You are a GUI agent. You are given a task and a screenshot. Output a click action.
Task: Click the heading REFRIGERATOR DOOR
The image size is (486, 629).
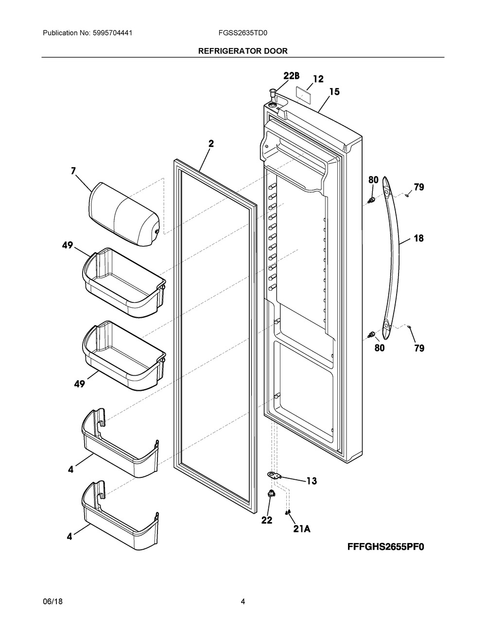[x=243, y=51]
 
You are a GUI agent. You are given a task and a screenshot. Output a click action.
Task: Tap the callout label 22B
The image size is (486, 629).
[x=292, y=76]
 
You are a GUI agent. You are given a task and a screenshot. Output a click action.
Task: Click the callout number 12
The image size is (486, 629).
[x=318, y=79]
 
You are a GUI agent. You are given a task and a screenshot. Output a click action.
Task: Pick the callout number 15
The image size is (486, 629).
[x=334, y=91]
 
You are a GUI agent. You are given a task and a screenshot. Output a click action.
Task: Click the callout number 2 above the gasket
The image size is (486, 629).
[x=211, y=143]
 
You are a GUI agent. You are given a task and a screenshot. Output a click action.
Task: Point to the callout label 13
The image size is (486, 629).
[x=311, y=481]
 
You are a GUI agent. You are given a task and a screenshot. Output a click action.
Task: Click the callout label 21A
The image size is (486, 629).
[x=301, y=529]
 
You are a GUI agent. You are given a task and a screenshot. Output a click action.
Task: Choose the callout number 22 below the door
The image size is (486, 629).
[x=267, y=520]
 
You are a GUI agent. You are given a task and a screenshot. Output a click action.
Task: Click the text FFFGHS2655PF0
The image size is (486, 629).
[x=386, y=547]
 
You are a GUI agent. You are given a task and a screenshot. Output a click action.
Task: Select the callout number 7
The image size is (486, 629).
[x=73, y=171]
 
